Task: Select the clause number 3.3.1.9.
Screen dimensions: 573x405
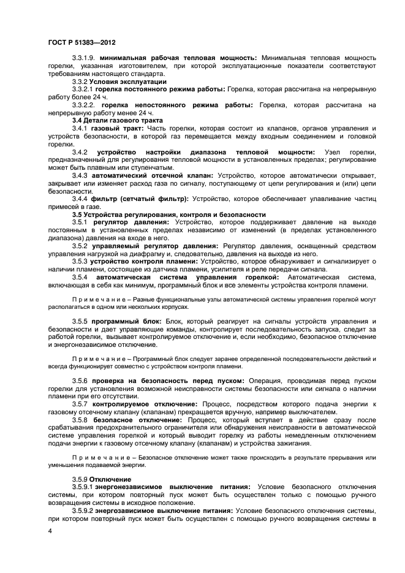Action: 85,57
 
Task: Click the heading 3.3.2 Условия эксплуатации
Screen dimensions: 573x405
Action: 110,82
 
